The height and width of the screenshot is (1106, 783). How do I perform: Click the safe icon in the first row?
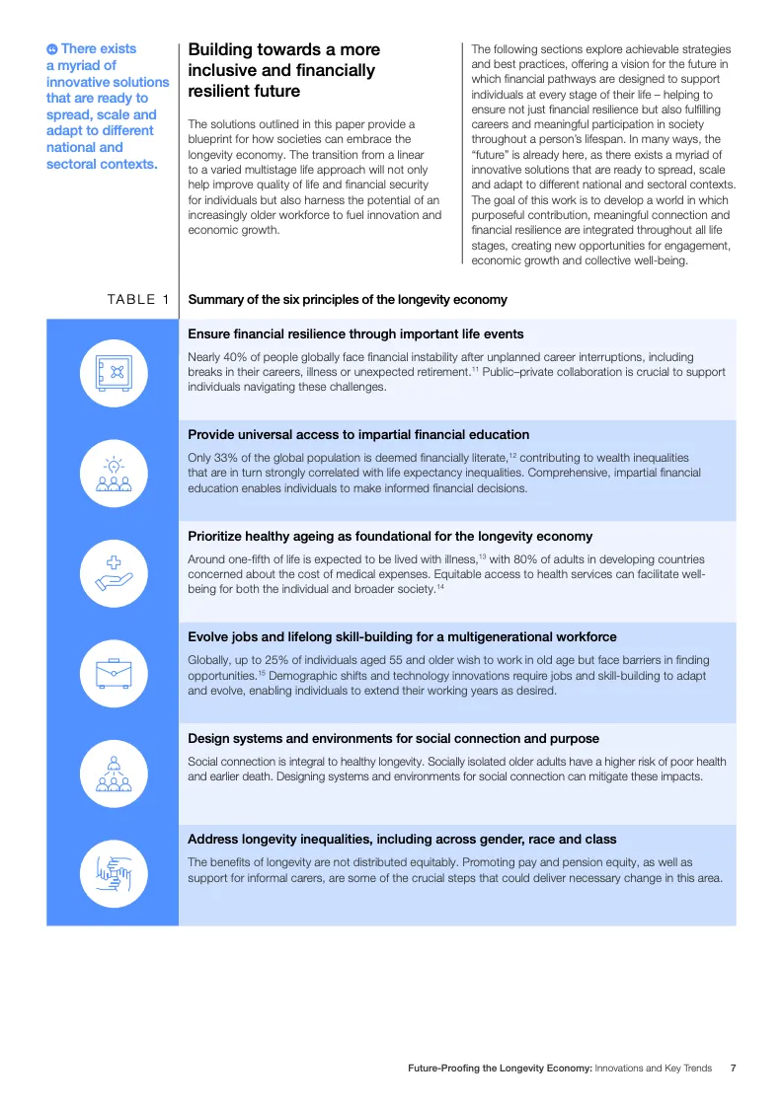tap(113, 372)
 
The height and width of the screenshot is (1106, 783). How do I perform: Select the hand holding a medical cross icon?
tap(113, 572)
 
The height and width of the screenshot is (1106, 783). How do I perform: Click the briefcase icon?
tap(113, 673)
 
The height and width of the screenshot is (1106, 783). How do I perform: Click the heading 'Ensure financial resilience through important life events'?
tap(355, 334)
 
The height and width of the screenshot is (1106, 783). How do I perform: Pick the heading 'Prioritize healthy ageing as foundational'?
tap(390, 537)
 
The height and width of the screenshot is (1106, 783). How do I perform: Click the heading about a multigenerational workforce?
tap(402, 637)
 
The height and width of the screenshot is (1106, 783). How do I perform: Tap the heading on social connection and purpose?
tap(393, 738)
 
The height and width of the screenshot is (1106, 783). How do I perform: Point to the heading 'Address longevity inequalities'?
tap(402, 840)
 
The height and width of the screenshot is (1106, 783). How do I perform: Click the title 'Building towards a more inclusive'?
tap(283, 70)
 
